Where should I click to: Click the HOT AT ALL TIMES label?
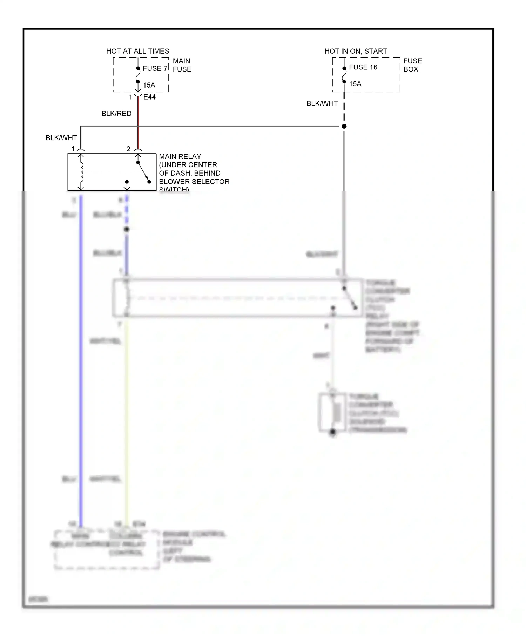pyautogui.click(x=137, y=51)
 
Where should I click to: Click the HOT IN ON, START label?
pyautogui.click(x=356, y=51)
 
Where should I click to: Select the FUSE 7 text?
pyautogui.click(x=155, y=68)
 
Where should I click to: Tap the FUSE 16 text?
pyautogui.click(x=363, y=67)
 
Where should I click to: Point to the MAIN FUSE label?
pyautogui.click(x=182, y=65)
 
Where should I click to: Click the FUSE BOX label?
pyautogui.click(x=412, y=65)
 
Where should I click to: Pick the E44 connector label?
pyautogui.click(x=149, y=97)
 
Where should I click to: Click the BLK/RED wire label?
pyautogui.click(x=116, y=114)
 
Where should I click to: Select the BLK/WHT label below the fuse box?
pyautogui.click(x=322, y=103)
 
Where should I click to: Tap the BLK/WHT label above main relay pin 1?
pyautogui.click(x=61, y=138)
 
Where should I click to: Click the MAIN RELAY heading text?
pyautogui.click(x=180, y=156)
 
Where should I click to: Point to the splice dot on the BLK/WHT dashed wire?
pyautogui.click(x=344, y=126)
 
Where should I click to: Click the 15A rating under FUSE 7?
pyautogui.click(x=149, y=85)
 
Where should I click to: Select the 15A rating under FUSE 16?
pyautogui.click(x=355, y=84)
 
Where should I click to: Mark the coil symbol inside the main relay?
pyautogui.click(x=81, y=172)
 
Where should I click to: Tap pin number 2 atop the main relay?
pyautogui.click(x=128, y=149)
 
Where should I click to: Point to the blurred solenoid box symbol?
pyautogui.click(x=332, y=413)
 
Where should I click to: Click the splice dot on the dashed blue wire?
pyautogui.click(x=127, y=229)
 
